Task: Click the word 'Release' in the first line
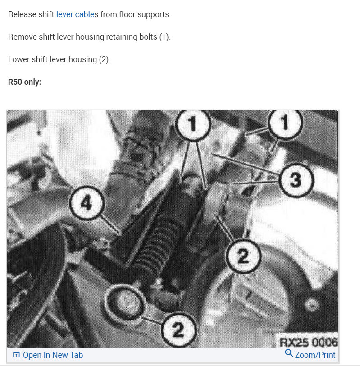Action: pyautogui.click(x=22, y=14)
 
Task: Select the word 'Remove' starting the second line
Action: pyautogui.click(x=22, y=37)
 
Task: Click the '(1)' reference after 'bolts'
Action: pyautogui.click(x=164, y=37)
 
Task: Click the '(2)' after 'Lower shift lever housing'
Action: pyautogui.click(x=104, y=59)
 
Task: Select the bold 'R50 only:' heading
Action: pyautogui.click(x=25, y=82)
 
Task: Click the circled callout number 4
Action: pyautogui.click(x=87, y=203)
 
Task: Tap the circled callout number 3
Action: pyautogui.click(x=295, y=180)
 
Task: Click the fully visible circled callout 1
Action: pyautogui.click(x=193, y=125)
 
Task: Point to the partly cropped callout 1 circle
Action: pyautogui.click(x=285, y=122)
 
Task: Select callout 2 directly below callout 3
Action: pyautogui.click(x=243, y=257)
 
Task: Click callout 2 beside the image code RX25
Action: pyautogui.click(x=178, y=330)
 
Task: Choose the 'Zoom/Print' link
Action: pyautogui.click(x=310, y=355)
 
